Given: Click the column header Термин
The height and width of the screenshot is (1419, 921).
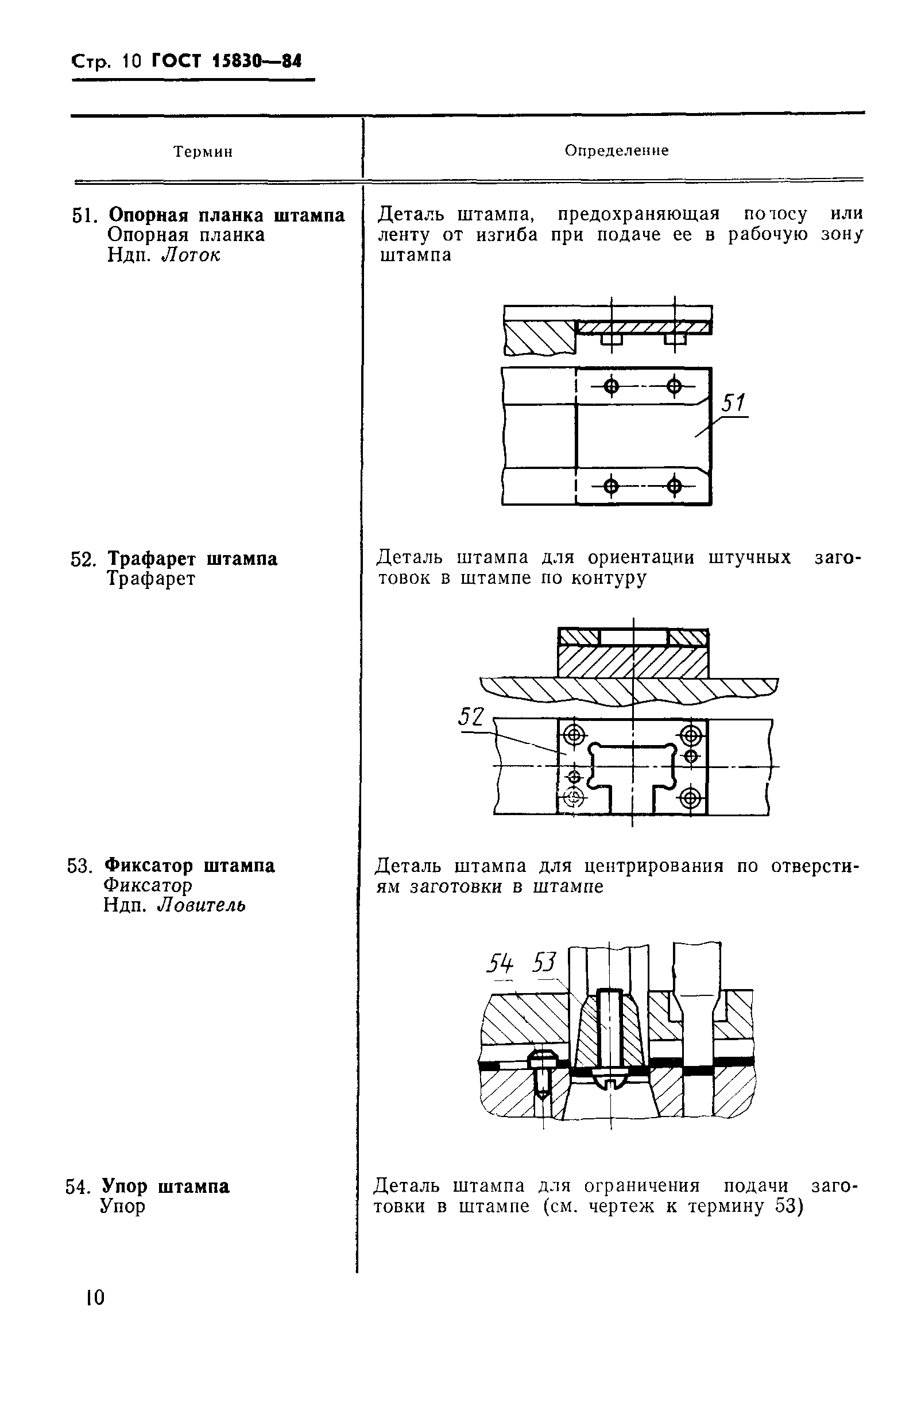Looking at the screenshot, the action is point(203,152).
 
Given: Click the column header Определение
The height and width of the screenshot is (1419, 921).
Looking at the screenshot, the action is point(617,151).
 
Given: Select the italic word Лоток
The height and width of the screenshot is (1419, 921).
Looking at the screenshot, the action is point(191,255).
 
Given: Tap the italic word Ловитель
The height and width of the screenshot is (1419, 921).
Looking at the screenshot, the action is point(202,906).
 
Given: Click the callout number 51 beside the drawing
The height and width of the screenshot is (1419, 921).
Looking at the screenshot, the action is point(733,404).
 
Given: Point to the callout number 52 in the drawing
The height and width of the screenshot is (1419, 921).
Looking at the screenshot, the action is point(471,716).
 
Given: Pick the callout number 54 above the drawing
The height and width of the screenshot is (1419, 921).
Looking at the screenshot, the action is point(501,963).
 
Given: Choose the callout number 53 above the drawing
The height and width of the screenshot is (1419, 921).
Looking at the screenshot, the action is point(544,962).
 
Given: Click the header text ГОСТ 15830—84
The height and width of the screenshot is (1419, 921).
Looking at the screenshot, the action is point(227,61).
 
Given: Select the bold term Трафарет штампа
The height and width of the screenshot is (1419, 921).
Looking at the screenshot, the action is point(193,559).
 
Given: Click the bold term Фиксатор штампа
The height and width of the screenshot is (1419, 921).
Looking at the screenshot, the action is point(189,866).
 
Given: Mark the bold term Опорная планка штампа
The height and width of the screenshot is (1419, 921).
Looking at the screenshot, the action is point(227,215).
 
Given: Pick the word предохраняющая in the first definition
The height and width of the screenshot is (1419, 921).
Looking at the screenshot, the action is point(639,214).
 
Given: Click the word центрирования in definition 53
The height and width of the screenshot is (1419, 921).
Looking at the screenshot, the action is point(654,866).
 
